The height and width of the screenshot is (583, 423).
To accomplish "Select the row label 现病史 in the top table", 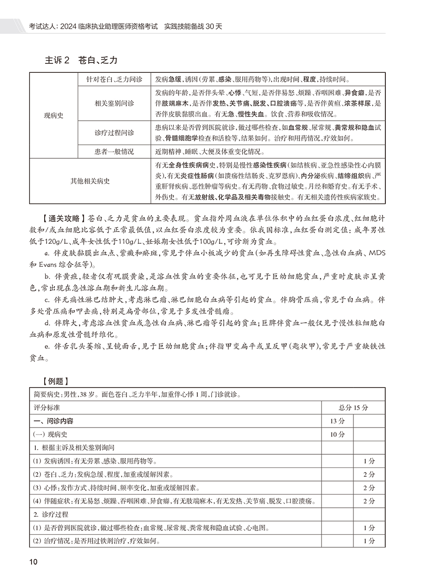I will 53,116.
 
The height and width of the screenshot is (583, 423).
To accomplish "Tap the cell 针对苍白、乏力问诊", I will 114,79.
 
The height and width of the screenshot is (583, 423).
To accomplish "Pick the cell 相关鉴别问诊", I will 114,103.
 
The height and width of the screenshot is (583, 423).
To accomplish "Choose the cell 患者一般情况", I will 114,152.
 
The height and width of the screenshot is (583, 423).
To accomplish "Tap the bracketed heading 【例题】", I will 58,381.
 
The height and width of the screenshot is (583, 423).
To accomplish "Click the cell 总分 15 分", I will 353,407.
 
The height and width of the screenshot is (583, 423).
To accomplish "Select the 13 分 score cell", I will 337,421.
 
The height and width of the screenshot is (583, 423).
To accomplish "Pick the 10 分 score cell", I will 337,435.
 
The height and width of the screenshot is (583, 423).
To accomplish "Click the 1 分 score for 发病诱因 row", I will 369,461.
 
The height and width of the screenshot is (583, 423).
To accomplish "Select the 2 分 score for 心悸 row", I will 369,488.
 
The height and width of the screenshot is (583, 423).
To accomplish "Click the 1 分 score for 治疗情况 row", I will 369,541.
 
